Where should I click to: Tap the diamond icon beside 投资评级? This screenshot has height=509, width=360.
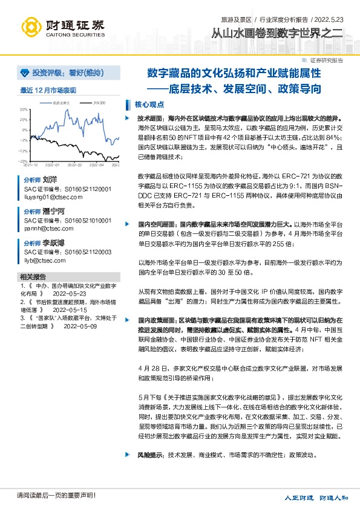click(24, 73)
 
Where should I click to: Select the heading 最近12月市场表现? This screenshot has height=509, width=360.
click(48, 91)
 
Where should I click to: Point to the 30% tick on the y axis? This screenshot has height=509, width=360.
click(24, 109)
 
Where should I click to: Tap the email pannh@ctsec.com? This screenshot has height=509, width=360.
click(44, 229)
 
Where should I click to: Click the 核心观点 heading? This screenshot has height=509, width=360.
click(149, 104)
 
